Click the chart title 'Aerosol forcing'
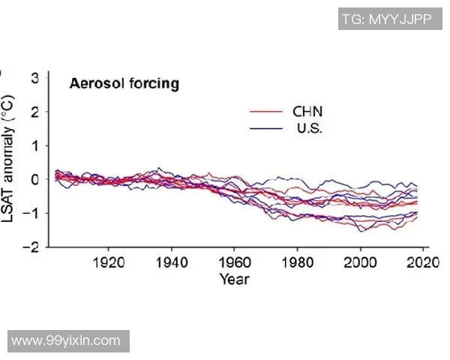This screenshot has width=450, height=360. coord(124,83)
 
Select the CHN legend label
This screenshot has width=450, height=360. coord(307,112)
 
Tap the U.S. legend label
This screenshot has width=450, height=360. coord(309,128)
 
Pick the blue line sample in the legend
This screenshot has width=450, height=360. coord(265,129)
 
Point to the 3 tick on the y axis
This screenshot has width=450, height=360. coord(35,77)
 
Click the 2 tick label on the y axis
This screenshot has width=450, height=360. coord(35,111)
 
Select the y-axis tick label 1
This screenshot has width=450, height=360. coord(35,145)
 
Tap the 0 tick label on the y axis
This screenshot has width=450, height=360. coord(35,179)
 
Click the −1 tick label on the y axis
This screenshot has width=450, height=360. coord(32,213)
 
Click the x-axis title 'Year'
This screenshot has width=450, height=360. coord(234,280)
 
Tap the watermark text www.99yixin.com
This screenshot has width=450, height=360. coord(66,340)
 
